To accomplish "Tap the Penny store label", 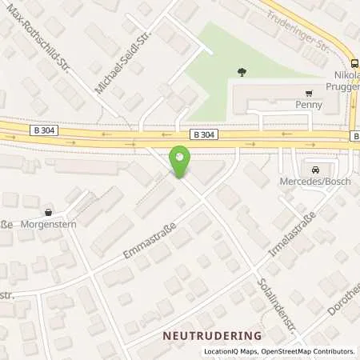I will point(308,104).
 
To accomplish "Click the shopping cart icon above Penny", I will point(308,92).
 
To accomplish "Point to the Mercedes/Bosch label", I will point(315,182).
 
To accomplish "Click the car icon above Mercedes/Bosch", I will point(315,170).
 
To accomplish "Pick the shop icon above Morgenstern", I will point(50,212).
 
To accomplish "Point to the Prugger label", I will point(342,86).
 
